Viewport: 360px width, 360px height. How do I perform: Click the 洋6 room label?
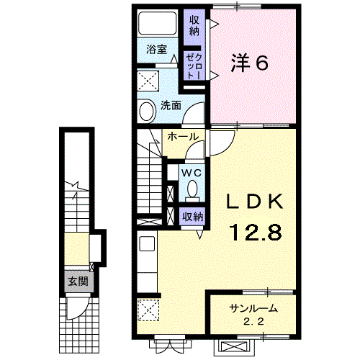point(249,63)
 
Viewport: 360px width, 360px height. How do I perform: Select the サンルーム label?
point(253,307)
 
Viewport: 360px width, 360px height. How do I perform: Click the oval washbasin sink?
point(147,112)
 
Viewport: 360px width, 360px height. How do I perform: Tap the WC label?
point(192,173)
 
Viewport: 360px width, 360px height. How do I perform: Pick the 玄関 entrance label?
point(75,281)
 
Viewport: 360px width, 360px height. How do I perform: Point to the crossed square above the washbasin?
point(149,78)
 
